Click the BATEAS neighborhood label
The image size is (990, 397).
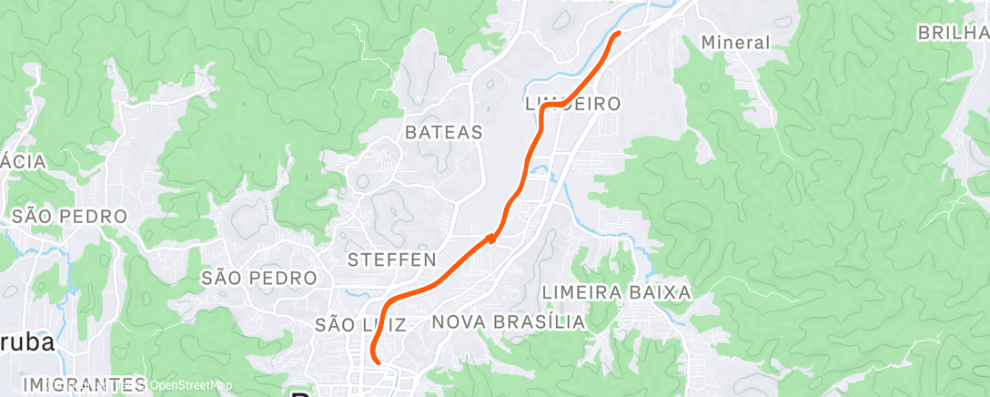(443, 132)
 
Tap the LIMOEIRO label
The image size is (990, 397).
(573, 104)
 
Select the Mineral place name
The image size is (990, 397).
(736, 42)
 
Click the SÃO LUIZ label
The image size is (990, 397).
(355, 324)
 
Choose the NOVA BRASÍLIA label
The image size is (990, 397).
(508, 322)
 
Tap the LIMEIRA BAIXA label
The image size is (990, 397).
(616, 292)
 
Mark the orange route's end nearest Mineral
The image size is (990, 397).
(618, 34)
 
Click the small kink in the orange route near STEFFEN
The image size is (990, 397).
(492, 238)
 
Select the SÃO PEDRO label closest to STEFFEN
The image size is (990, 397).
(259, 277)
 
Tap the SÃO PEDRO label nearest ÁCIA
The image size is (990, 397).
(68, 217)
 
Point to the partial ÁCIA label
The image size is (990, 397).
(23, 161)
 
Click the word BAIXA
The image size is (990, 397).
(660, 292)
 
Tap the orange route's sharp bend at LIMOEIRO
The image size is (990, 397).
(544, 107)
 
